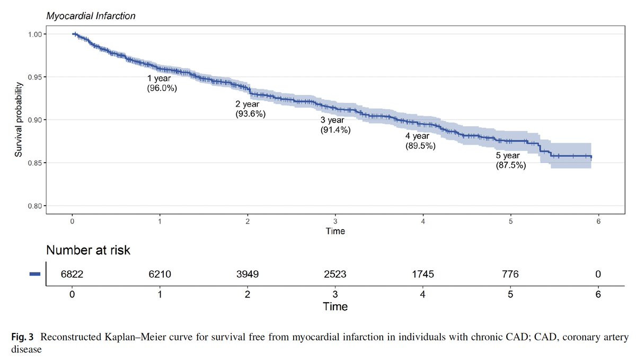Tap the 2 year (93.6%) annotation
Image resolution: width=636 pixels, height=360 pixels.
coord(250,109)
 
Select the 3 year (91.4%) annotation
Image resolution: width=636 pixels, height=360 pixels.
coord(335,125)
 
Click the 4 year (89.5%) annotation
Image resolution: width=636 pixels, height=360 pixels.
coord(420,141)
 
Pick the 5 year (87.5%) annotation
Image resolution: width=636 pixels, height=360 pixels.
coord(511,161)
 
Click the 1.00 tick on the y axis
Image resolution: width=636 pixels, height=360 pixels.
coord(37,34)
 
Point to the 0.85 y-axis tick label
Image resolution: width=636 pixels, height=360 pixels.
coord(37,163)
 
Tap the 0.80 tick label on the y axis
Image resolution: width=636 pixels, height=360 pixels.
coord(37,206)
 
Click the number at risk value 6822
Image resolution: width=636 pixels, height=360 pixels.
coord(73,274)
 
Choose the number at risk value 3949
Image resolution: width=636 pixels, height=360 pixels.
coord(248,274)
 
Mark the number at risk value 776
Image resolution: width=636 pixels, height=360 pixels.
coord(510,274)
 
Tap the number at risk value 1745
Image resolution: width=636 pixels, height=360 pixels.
coord(423,274)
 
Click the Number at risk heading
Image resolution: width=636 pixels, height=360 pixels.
coord(88,251)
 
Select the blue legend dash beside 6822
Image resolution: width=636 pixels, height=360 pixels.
coord(35,274)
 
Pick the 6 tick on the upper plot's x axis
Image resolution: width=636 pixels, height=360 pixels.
coord(598,222)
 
